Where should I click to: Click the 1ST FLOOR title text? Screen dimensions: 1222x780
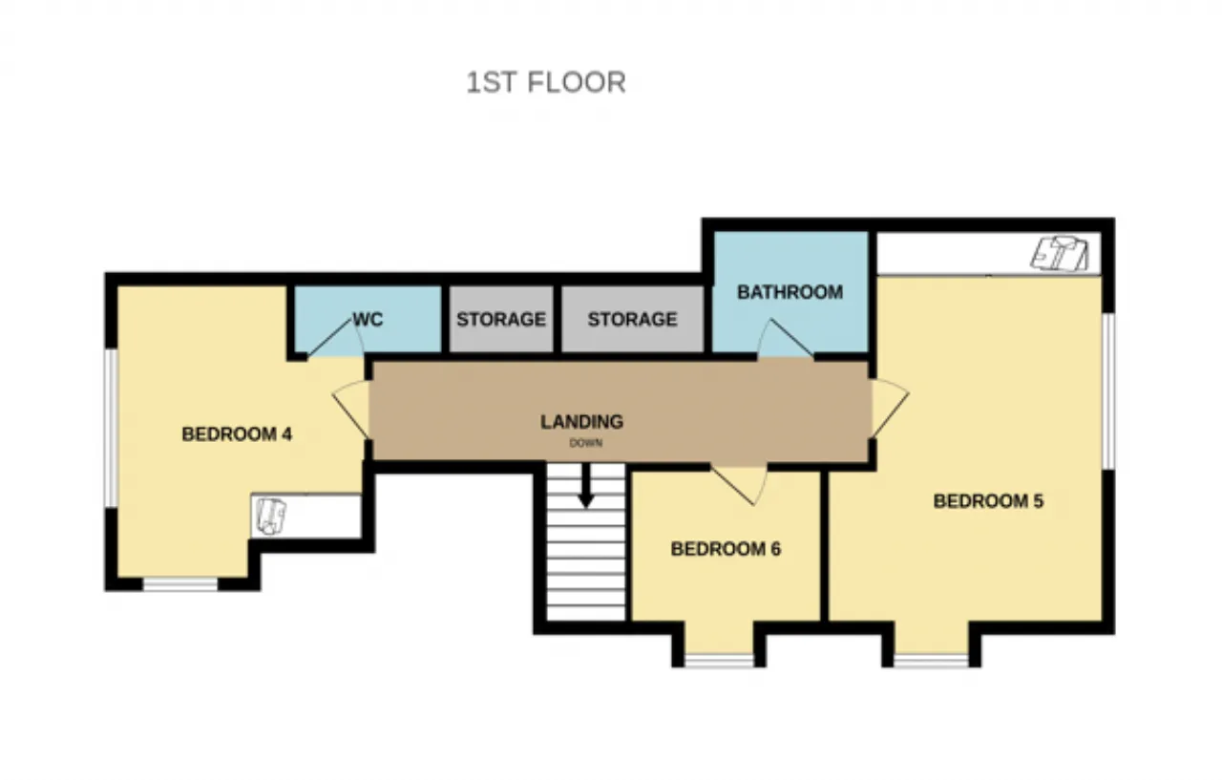tap(546, 83)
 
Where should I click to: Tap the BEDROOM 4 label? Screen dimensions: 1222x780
tap(237, 434)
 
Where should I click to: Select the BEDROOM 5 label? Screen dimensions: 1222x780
tap(988, 500)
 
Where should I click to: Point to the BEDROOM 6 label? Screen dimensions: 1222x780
tap(726, 549)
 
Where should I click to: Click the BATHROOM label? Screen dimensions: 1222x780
tap(790, 292)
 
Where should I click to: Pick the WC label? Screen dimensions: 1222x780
tap(368, 319)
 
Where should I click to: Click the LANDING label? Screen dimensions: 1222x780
tap(581, 422)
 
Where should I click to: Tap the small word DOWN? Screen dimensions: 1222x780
tap(586, 443)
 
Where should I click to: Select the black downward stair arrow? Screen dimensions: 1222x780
tap(586, 485)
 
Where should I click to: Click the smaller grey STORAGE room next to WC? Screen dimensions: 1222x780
tap(501, 319)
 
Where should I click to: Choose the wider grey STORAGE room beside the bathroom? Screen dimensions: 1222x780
tap(633, 319)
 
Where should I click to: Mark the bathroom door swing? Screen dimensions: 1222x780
tap(785, 339)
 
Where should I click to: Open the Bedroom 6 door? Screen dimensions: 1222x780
tap(740, 484)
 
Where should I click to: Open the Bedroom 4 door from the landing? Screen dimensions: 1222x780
tap(351, 409)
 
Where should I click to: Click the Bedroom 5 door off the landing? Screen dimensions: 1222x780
tap(890, 408)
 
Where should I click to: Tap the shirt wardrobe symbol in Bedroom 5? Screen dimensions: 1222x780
tap(1059, 254)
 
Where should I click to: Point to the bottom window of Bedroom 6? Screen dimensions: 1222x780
tap(719, 661)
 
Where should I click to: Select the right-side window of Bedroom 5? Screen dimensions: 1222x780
tap(1108, 391)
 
